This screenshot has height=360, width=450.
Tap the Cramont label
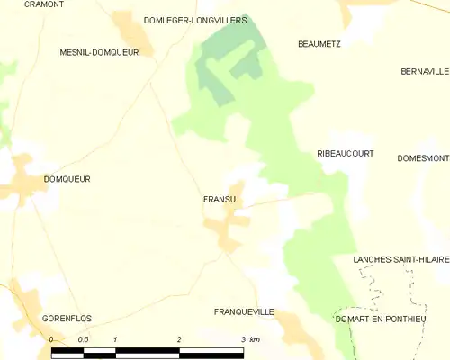tap(44, 4)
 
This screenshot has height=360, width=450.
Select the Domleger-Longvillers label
tap(195, 19)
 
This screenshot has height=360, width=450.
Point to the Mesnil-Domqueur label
tap(99, 52)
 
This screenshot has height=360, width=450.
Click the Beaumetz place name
tap(319, 43)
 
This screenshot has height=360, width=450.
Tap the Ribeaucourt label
tap(346, 154)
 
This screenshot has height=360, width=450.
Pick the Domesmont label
tap(423, 158)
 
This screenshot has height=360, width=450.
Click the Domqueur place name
tap(67, 179)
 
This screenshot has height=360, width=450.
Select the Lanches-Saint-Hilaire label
tap(401, 259)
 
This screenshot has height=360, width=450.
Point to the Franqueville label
tap(244, 311)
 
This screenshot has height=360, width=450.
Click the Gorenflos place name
tap(67, 319)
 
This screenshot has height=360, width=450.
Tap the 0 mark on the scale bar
tap(51, 339)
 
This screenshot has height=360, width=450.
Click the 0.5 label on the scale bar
tap(83, 339)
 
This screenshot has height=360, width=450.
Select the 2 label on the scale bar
tap(180, 339)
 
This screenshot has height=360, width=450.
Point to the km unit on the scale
tap(255, 339)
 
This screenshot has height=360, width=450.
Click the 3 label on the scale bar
tap(243, 339)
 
